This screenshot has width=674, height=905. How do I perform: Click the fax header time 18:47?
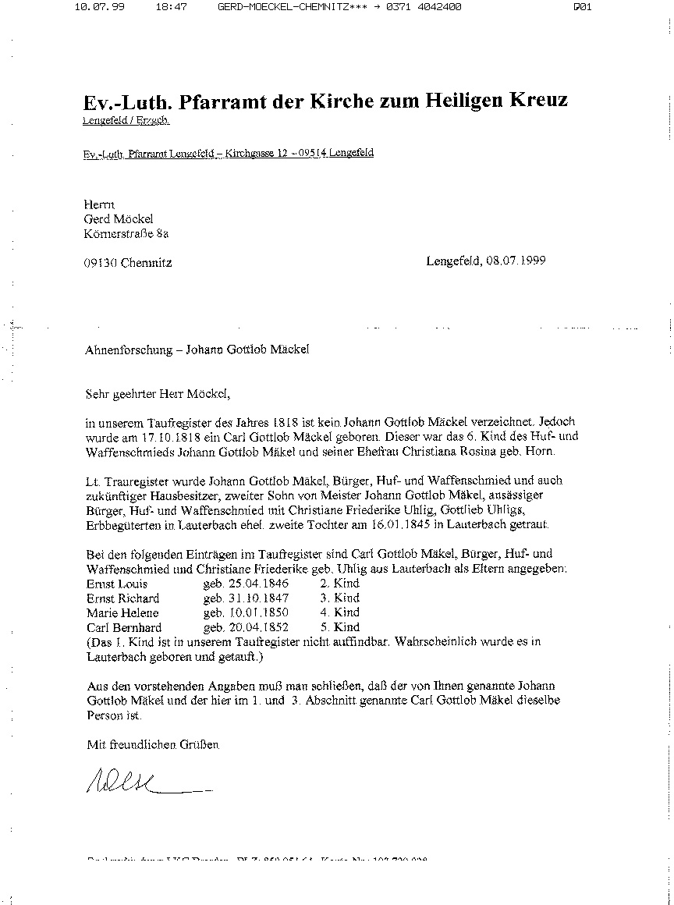pos(171,7)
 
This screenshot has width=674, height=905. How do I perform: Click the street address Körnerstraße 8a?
pos(128,232)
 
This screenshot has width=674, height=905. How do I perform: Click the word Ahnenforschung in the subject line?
pos(128,350)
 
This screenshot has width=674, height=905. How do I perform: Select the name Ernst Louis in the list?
pos(117,584)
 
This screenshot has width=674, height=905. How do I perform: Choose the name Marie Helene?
pos(122,612)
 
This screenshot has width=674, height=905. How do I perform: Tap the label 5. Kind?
pos(339,627)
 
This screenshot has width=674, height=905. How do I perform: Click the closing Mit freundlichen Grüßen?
pos(153,745)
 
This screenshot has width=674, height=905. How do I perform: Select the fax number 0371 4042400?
pos(422,7)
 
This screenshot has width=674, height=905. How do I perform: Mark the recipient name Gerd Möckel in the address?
pos(119,218)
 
